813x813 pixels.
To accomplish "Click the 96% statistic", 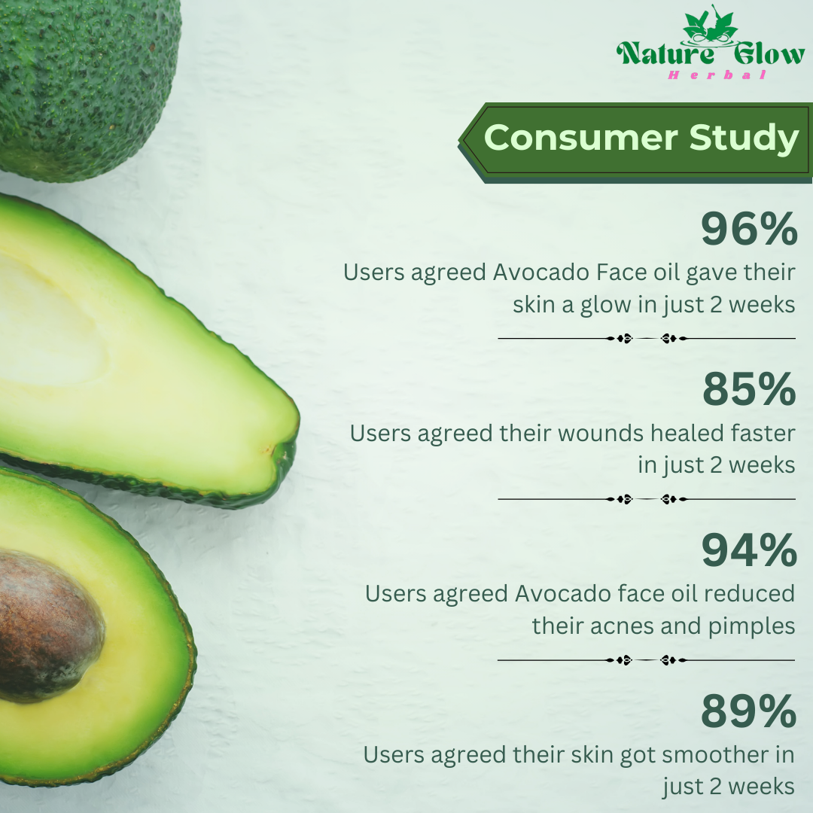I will click(748, 230).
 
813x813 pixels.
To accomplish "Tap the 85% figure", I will click(749, 390).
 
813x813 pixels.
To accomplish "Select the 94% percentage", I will click(748, 551).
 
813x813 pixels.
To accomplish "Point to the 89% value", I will click(748, 711).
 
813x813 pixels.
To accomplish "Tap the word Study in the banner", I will click(744, 139).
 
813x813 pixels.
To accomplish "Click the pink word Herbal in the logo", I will click(717, 75).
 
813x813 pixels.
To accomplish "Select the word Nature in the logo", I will click(654, 54).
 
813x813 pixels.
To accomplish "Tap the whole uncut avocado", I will click(83, 83).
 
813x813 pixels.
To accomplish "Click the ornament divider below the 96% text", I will click(647, 339).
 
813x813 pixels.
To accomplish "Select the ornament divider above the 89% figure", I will click(647, 660).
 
